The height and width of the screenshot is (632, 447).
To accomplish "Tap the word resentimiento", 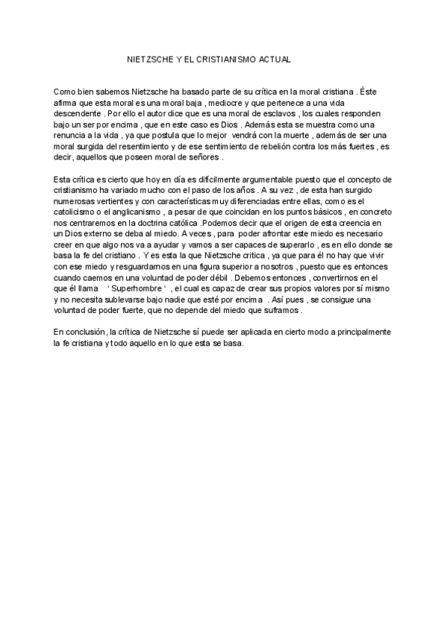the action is (x=149, y=147).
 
